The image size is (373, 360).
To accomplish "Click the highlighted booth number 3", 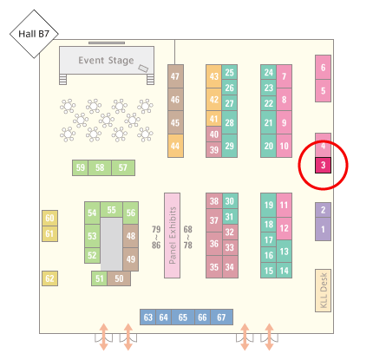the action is pyautogui.click(x=323, y=166).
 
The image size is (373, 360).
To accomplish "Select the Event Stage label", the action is pyautogui.click(x=106, y=61).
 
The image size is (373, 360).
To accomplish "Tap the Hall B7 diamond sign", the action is pyautogui.click(x=34, y=34).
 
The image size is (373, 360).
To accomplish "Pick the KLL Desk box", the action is pyautogui.click(x=323, y=291).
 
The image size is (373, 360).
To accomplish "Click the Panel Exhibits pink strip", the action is pyautogui.click(x=172, y=235).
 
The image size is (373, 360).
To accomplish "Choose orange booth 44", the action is pyautogui.click(x=175, y=146).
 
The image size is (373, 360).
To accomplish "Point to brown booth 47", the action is pyautogui.click(x=175, y=76).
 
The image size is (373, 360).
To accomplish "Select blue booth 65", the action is pyautogui.click(x=183, y=317).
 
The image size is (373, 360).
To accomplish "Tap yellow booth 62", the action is pyautogui.click(x=49, y=278).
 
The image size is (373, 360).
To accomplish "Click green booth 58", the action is pyautogui.click(x=100, y=167).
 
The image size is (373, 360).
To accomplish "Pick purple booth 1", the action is pyautogui.click(x=323, y=229).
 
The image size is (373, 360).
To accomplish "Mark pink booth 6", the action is pyautogui.click(x=323, y=68).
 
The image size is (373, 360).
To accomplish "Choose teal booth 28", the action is pyautogui.click(x=230, y=122).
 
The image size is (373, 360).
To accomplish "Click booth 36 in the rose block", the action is pyautogui.click(x=214, y=244).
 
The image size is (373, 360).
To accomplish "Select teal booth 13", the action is pyautogui.click(x=284, y=252).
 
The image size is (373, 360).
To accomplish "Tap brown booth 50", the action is pyautogui.click(x=119, y=278).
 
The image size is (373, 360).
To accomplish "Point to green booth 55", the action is pyautogui.click(x=111, y=210).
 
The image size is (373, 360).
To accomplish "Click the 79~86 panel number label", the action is pyautogui.click(x=156, y=238).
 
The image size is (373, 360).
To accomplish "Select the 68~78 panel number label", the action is pyautogui.click(x=188, y=238).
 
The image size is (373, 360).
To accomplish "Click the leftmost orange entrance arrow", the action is pyautogui.click(x=104, y=337).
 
